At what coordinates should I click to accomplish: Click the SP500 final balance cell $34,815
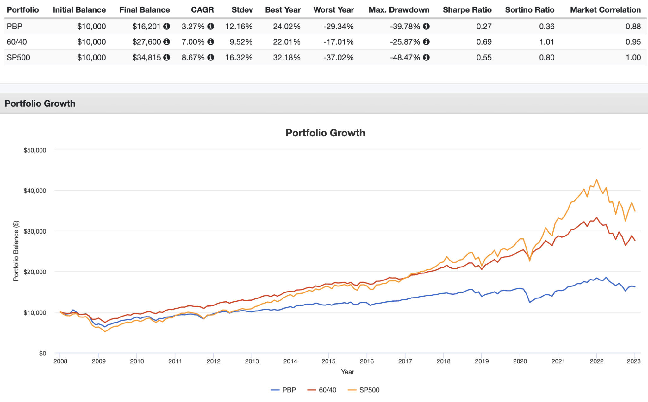pyautogui.click(x=146, y=58)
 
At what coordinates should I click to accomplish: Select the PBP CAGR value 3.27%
pyautogui.click(x=193, y=27)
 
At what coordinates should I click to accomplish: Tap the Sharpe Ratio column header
pyautogui.click(x=467, y=10)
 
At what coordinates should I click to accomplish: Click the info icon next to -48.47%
pyautogui.click(x=426, y=58)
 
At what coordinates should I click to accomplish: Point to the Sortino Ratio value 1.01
pyautogui.click(x=546, y=42)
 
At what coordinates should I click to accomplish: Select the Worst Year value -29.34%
pyautogui.click(x=338, y=27)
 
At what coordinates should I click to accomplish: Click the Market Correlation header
pyautogui.click(x=605, y=10)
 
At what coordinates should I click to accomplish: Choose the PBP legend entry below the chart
pyautogui.click(x=283, y=390)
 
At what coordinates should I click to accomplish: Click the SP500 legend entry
pyautogui.click(x=364, y=390)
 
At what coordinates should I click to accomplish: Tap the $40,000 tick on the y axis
pyautogui.click(x=34, y=191)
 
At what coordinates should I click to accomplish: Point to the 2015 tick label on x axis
pyautogui.click(x=328, y=361)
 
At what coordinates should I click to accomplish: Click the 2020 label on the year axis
pyautogui.click(x=520, y=361)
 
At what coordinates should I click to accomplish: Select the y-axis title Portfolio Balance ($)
pyautogui.click(x=16, y=251)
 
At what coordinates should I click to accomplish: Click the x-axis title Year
pyautogui.click(x=347, y=372)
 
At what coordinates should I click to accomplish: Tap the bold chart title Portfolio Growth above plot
pyautogui.click(x=325, y=133)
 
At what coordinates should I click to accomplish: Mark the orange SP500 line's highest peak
pyautogui.click(x=597, y=180)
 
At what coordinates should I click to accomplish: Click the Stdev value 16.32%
pyautogui.click(x=239, y=58)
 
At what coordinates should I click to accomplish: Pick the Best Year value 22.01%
pyautogui.click(x=286, y=42)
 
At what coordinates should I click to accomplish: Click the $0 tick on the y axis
pyautogui.click(x=42, y=353)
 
